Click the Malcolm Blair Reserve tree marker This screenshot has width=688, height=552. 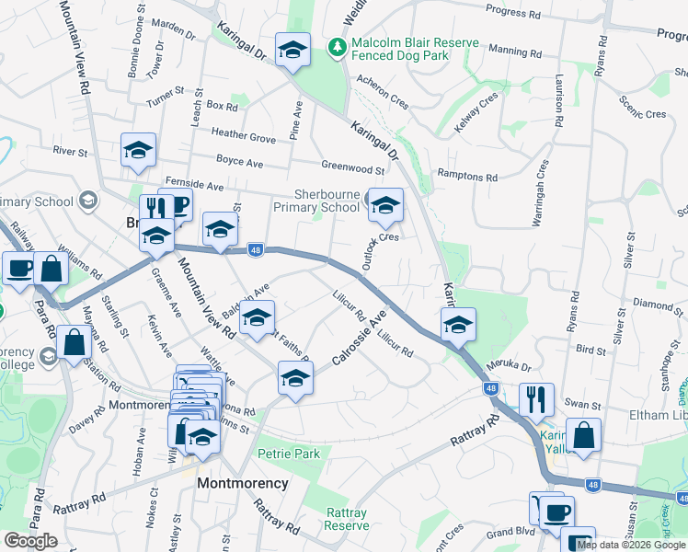[338, 45]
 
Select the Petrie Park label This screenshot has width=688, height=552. [288, 454]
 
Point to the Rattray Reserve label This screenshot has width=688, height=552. [347, 520]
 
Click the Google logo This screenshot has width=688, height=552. [30, 541]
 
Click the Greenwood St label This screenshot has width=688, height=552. [352, 168]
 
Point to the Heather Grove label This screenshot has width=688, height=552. [243, 137]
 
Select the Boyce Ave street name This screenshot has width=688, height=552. [239, 163]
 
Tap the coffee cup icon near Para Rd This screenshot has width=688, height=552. [18, 269]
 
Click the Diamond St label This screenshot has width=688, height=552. [653, 304]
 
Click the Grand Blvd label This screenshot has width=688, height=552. [511, 532]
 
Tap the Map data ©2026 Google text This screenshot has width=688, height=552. [632, 545]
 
